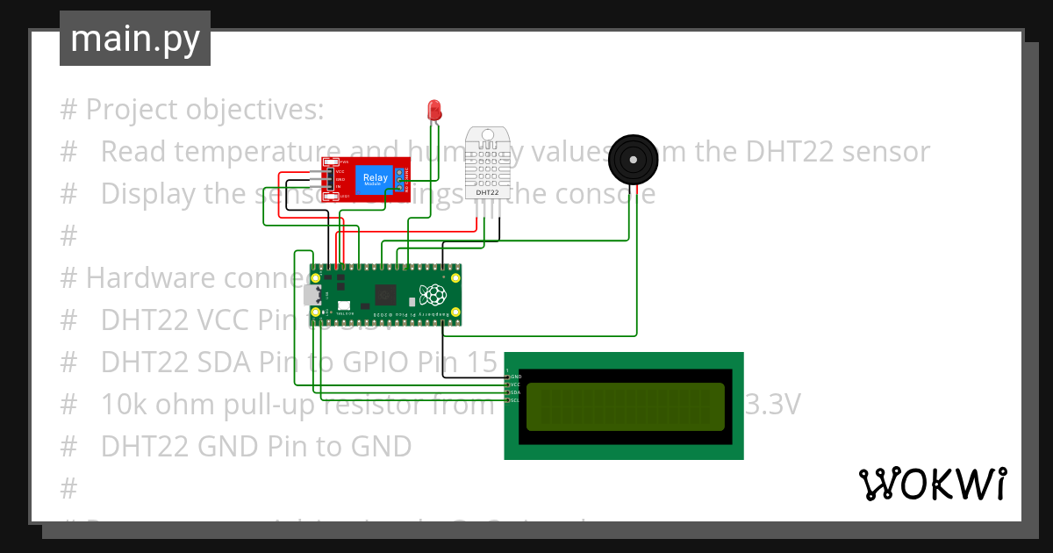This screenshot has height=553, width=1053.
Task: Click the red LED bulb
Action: coord(433,110)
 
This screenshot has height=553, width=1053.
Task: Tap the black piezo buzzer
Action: coord(632,159)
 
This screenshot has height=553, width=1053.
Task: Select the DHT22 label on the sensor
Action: coord(487,191)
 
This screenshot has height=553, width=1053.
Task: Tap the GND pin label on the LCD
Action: coord(515,377)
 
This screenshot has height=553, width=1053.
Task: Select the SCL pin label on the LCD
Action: coord(515,400)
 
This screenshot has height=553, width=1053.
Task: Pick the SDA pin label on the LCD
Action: coord(515,392)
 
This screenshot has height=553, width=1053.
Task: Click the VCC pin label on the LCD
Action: coord(515,384)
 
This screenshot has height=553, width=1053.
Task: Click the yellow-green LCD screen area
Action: coord(626,406)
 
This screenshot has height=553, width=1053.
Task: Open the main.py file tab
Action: coord(135,39)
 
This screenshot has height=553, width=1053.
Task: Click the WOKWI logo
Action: coord(932,484)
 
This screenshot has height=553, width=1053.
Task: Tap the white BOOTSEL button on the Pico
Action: coord(343,305)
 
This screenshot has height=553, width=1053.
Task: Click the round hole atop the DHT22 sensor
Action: coord(487,135)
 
